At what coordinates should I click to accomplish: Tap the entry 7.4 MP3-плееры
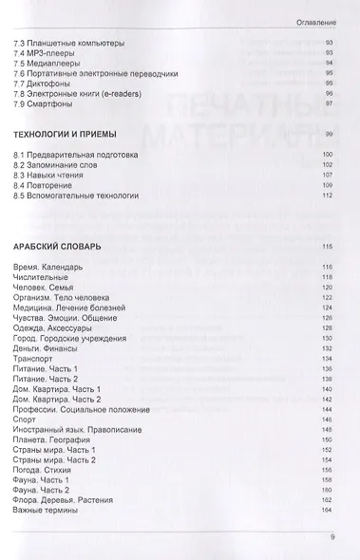[45, 55]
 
